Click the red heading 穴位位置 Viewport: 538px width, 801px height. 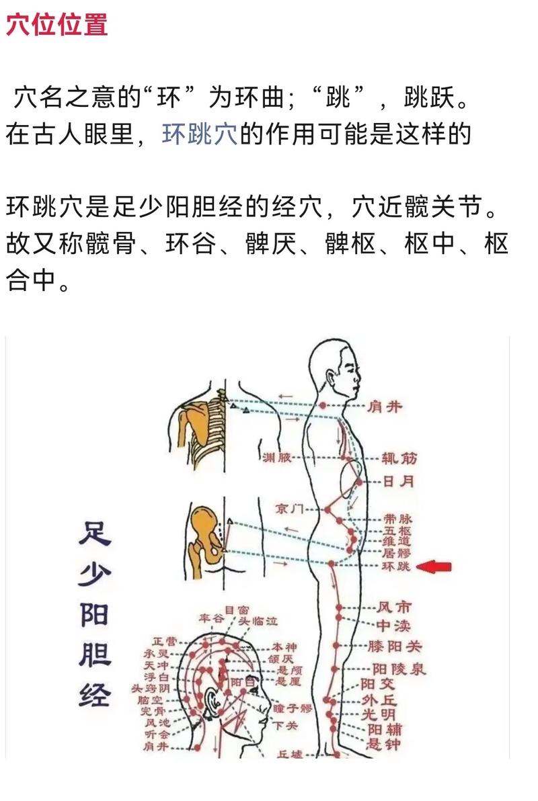coord(57,25)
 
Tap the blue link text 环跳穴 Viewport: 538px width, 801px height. coord(199,134)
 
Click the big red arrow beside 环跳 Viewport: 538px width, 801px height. coord(434,567)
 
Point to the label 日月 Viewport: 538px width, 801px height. coord(398,481)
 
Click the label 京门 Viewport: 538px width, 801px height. coord(290,509)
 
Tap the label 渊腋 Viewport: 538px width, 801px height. coord(278,458)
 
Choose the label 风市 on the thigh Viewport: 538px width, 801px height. coord(394,607)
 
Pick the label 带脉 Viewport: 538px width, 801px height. coord(397,519)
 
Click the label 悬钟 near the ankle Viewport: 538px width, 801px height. coord(384,744)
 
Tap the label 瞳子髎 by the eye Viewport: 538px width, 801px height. coord(293,708)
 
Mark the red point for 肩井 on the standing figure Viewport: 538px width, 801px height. coord(323,405)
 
